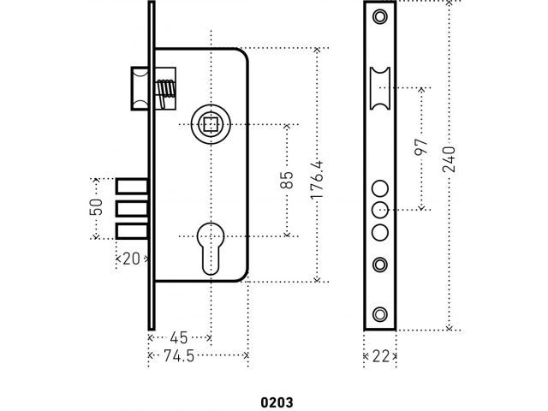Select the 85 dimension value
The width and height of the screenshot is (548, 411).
tap(287, 180)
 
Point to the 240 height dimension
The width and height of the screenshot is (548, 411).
tap(450, 160)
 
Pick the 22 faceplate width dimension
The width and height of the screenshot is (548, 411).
tap(379, 355)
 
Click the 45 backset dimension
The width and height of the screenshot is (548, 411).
tap(179, 337)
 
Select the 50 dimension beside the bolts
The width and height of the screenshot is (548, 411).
tap(97, 208)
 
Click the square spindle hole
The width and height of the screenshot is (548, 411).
tap(210, 125)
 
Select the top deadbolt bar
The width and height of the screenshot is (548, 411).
tap(130, 187)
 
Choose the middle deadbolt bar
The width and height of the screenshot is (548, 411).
tap(130, 209)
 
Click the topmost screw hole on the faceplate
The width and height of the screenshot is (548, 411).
tap(380, 16)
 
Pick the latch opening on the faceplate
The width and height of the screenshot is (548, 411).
tap(380, 90)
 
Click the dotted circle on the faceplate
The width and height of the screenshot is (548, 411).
tap(380, 210)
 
